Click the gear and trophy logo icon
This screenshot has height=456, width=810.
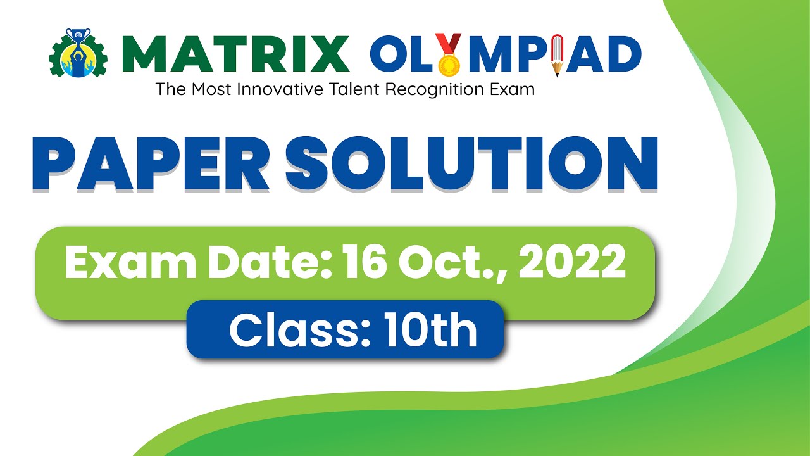tap(78, 54)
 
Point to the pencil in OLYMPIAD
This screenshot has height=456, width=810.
tap(557, 56)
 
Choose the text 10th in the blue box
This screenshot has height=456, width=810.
tap(433, 331)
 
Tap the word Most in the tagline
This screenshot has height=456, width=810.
tap(209, 89)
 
